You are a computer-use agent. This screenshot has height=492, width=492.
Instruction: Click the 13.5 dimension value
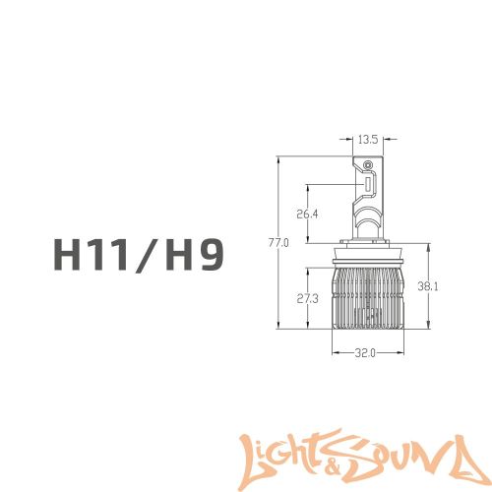[x=367, y=139]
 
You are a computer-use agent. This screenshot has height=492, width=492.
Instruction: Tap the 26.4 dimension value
[x=307, y=215]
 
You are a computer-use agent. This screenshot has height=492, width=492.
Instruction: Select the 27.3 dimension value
[x=307, y=298]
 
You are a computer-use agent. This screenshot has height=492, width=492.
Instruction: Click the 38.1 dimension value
[x=427, y=287]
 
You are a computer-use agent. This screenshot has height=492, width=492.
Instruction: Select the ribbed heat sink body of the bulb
[x=366, y=300]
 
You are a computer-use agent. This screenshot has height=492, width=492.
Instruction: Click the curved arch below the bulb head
[x=366, y=220]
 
